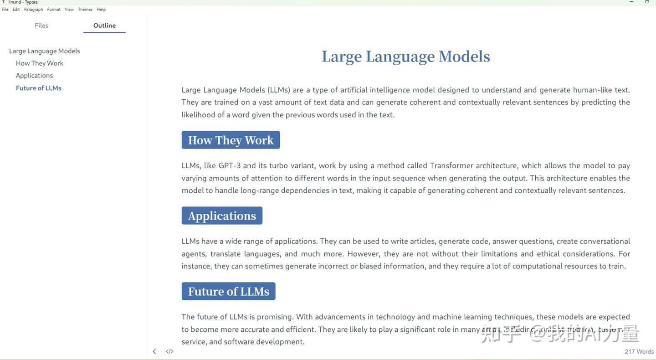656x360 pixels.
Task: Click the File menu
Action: tap(5, 10)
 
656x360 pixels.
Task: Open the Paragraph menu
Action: tap(33, 10)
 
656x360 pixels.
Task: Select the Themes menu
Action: tap(85, 10)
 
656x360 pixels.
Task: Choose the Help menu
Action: tap(101, 10)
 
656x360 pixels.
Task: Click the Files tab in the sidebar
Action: tap(41, 26)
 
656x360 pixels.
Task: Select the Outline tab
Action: tap(104, 26)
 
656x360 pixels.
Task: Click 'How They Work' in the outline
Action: tap(40, 63)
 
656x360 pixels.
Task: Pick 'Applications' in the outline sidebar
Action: tap(34, 76)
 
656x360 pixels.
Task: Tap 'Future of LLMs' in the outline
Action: tap(39, 88)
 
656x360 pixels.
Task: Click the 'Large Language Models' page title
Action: tap(405, 57)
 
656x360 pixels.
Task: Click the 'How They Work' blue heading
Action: tap(231, 140)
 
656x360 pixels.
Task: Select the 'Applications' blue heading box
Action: tap(222, 216)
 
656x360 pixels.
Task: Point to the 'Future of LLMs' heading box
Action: tap(228, 292)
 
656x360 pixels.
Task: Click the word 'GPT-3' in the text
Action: tap(229, 166)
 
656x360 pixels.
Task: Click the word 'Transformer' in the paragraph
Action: tap(451, 166)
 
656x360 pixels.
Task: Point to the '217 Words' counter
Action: tap(639, 352)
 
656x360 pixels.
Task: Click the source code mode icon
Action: tap(169, 351)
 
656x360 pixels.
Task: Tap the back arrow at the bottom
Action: tap(154, 351)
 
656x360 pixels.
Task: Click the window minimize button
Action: tap(631, 2)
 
